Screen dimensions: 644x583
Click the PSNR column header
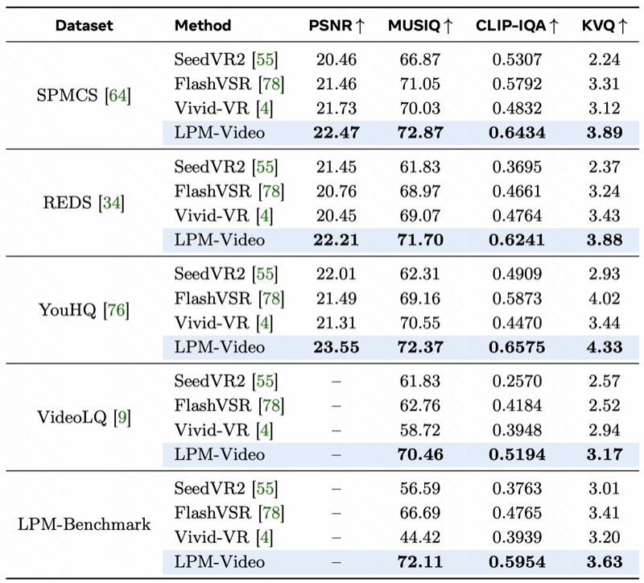[x=336, y=26]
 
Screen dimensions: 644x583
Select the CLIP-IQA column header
[x=517, y=26]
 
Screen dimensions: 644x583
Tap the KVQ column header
[x=605, y=26]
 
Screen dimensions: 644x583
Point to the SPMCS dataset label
[x=84, y=95]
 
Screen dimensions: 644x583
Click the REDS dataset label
[x=84, y=203]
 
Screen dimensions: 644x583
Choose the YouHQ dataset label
[x=84, y=310]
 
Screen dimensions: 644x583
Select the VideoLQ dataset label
[x=84, y=417]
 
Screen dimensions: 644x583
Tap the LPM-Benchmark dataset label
[x=84, y=524]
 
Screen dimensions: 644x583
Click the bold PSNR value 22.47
[x=336, y=133]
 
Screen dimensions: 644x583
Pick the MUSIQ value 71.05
[x=419, y=84]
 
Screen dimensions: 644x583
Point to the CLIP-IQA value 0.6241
[x=517, y=240]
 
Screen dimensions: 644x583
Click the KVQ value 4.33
[x=605, y=347]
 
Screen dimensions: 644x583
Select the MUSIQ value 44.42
[x=419, y=537]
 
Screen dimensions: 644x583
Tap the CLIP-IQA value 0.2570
[x=517, y=381]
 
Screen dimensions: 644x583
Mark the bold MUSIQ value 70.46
[x=420, y=454]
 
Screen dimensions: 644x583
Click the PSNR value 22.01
[x=336, y=274]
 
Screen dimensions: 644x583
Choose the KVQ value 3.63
[x=605, y=561]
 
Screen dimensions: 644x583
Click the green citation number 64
[x=118, y=95]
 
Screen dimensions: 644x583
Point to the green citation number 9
[x=122, y=417]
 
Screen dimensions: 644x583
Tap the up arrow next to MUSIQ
[x=448, y=26]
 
